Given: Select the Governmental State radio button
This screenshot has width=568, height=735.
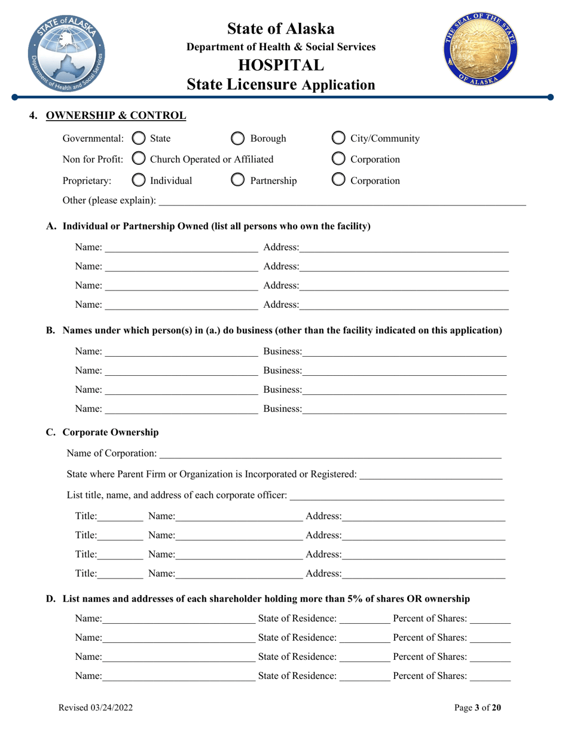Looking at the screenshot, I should (x=138, y=139).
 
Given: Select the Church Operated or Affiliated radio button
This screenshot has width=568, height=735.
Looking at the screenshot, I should (x=138, y=160).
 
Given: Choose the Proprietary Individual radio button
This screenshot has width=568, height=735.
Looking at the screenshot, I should (x=138, y=180).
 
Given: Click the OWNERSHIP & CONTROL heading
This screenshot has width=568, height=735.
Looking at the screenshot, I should (x=116, y=115).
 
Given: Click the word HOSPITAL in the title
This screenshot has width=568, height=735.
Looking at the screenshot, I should (x=281, y=65).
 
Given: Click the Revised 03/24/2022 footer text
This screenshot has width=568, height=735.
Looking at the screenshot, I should (x=95, y=708).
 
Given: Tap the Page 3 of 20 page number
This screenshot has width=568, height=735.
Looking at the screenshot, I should (x=478, y=708).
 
